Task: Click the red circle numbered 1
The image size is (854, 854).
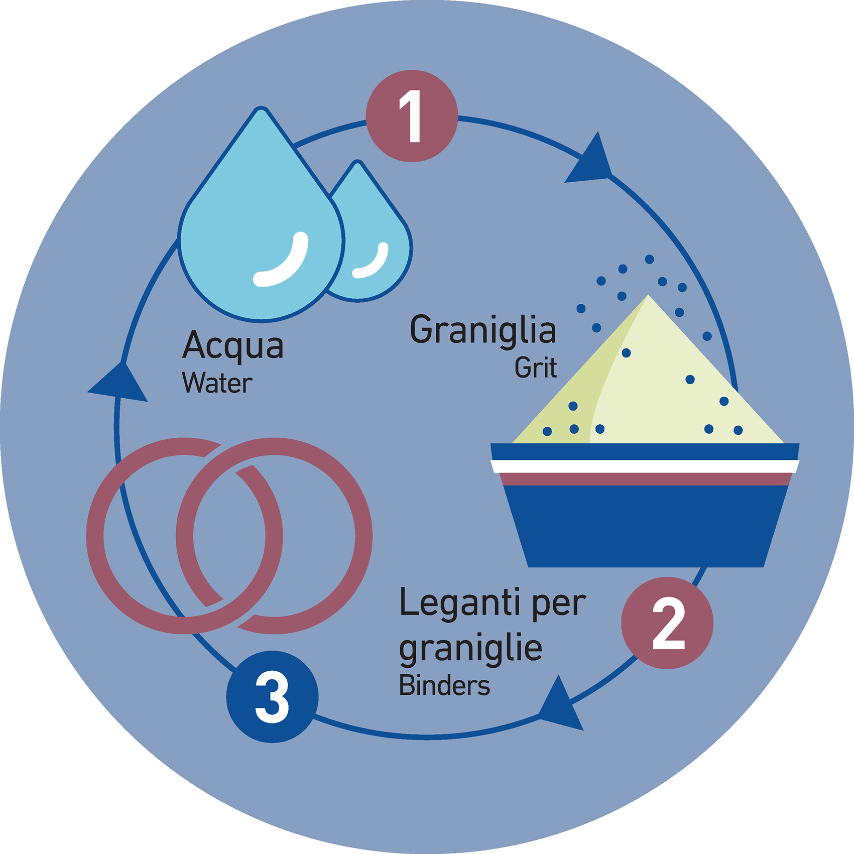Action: point(412,116)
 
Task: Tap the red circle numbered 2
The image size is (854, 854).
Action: point(667,623)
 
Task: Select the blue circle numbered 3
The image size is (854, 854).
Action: point(272,696)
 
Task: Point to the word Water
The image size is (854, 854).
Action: point(217,384)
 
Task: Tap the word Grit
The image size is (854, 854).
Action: point(535,368)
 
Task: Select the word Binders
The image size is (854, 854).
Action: point(444,686)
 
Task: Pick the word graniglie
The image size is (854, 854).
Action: point(470,649)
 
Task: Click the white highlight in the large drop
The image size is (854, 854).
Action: point(284,261)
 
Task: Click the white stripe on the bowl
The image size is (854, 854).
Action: point(645,466)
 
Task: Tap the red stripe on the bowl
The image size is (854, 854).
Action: point(645,479)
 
